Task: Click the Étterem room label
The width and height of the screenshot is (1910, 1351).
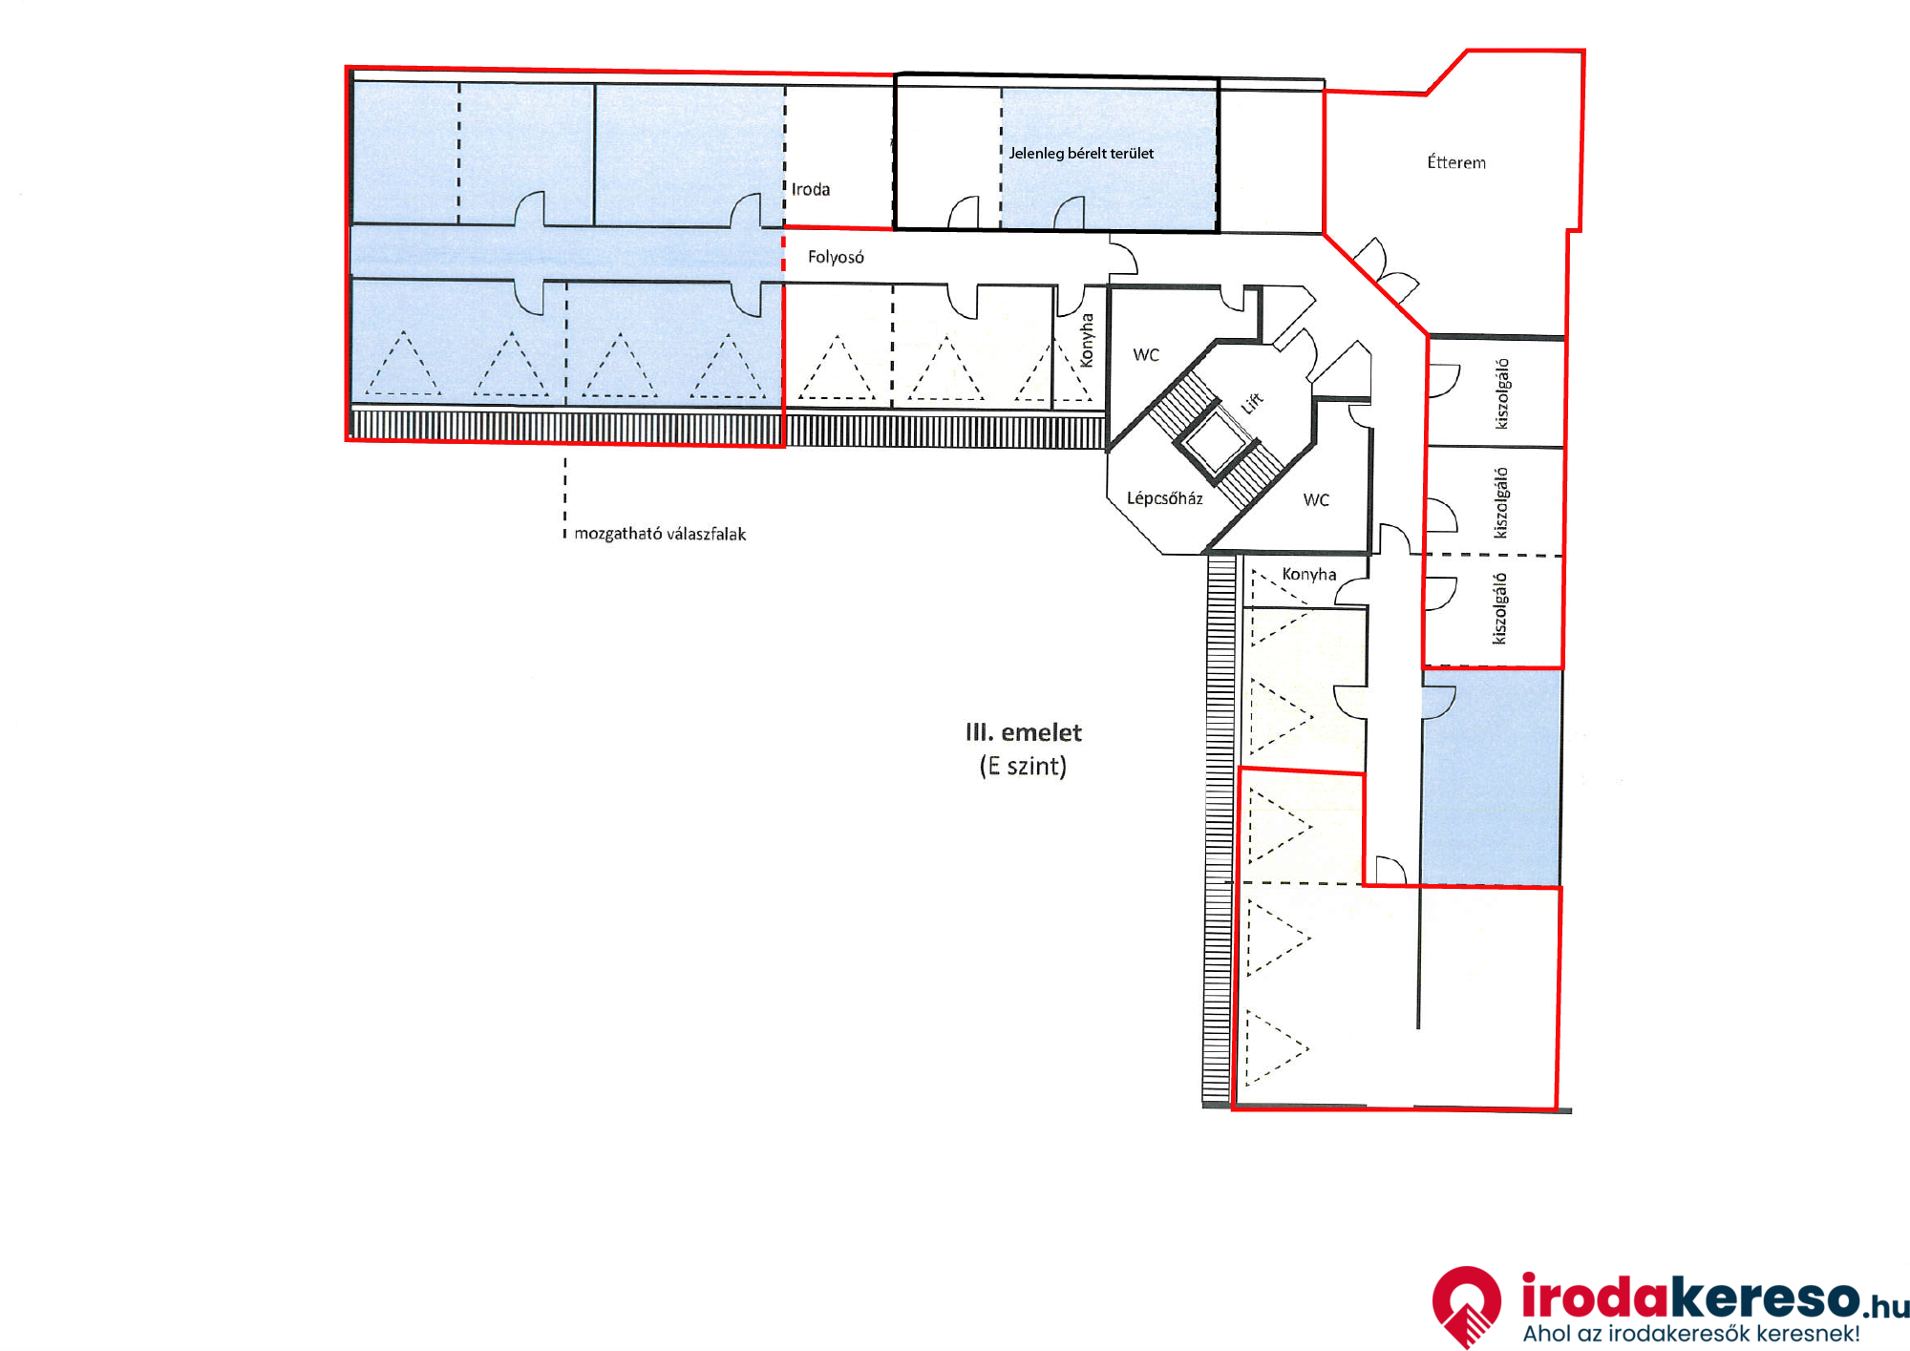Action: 1456,162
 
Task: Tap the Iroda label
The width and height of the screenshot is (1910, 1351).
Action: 811,189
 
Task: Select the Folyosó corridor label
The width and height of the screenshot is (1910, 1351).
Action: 836,257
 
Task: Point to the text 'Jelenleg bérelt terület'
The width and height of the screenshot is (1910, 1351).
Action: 1081,153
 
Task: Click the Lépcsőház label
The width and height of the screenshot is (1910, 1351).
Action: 1164,497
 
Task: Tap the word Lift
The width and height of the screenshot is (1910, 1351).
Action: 1252,403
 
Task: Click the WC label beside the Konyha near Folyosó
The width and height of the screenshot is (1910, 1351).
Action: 1146,355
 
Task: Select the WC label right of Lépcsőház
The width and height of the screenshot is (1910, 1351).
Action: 1316,500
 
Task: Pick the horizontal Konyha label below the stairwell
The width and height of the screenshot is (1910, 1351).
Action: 1309,574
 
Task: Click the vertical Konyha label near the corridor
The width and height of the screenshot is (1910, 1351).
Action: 1086,340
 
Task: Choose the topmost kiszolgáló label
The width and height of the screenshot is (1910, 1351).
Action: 1502,393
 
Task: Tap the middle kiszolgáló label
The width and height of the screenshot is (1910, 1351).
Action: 1502,502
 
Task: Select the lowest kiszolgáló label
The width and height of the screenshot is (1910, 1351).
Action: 1500,608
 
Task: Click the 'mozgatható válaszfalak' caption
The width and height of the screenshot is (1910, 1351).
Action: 660,534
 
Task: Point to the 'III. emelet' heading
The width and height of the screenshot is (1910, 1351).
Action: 1024,732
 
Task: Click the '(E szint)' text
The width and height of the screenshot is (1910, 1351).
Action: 1023,766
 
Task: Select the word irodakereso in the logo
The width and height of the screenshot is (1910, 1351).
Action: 1690,1298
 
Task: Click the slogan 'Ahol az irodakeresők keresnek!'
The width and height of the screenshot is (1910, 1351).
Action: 1691,1334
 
